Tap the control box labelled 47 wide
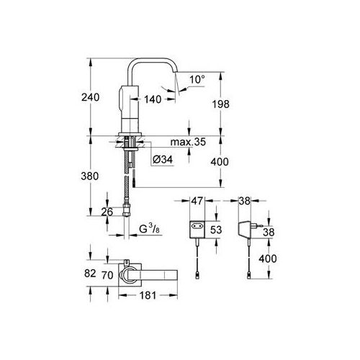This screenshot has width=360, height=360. point(197,228)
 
